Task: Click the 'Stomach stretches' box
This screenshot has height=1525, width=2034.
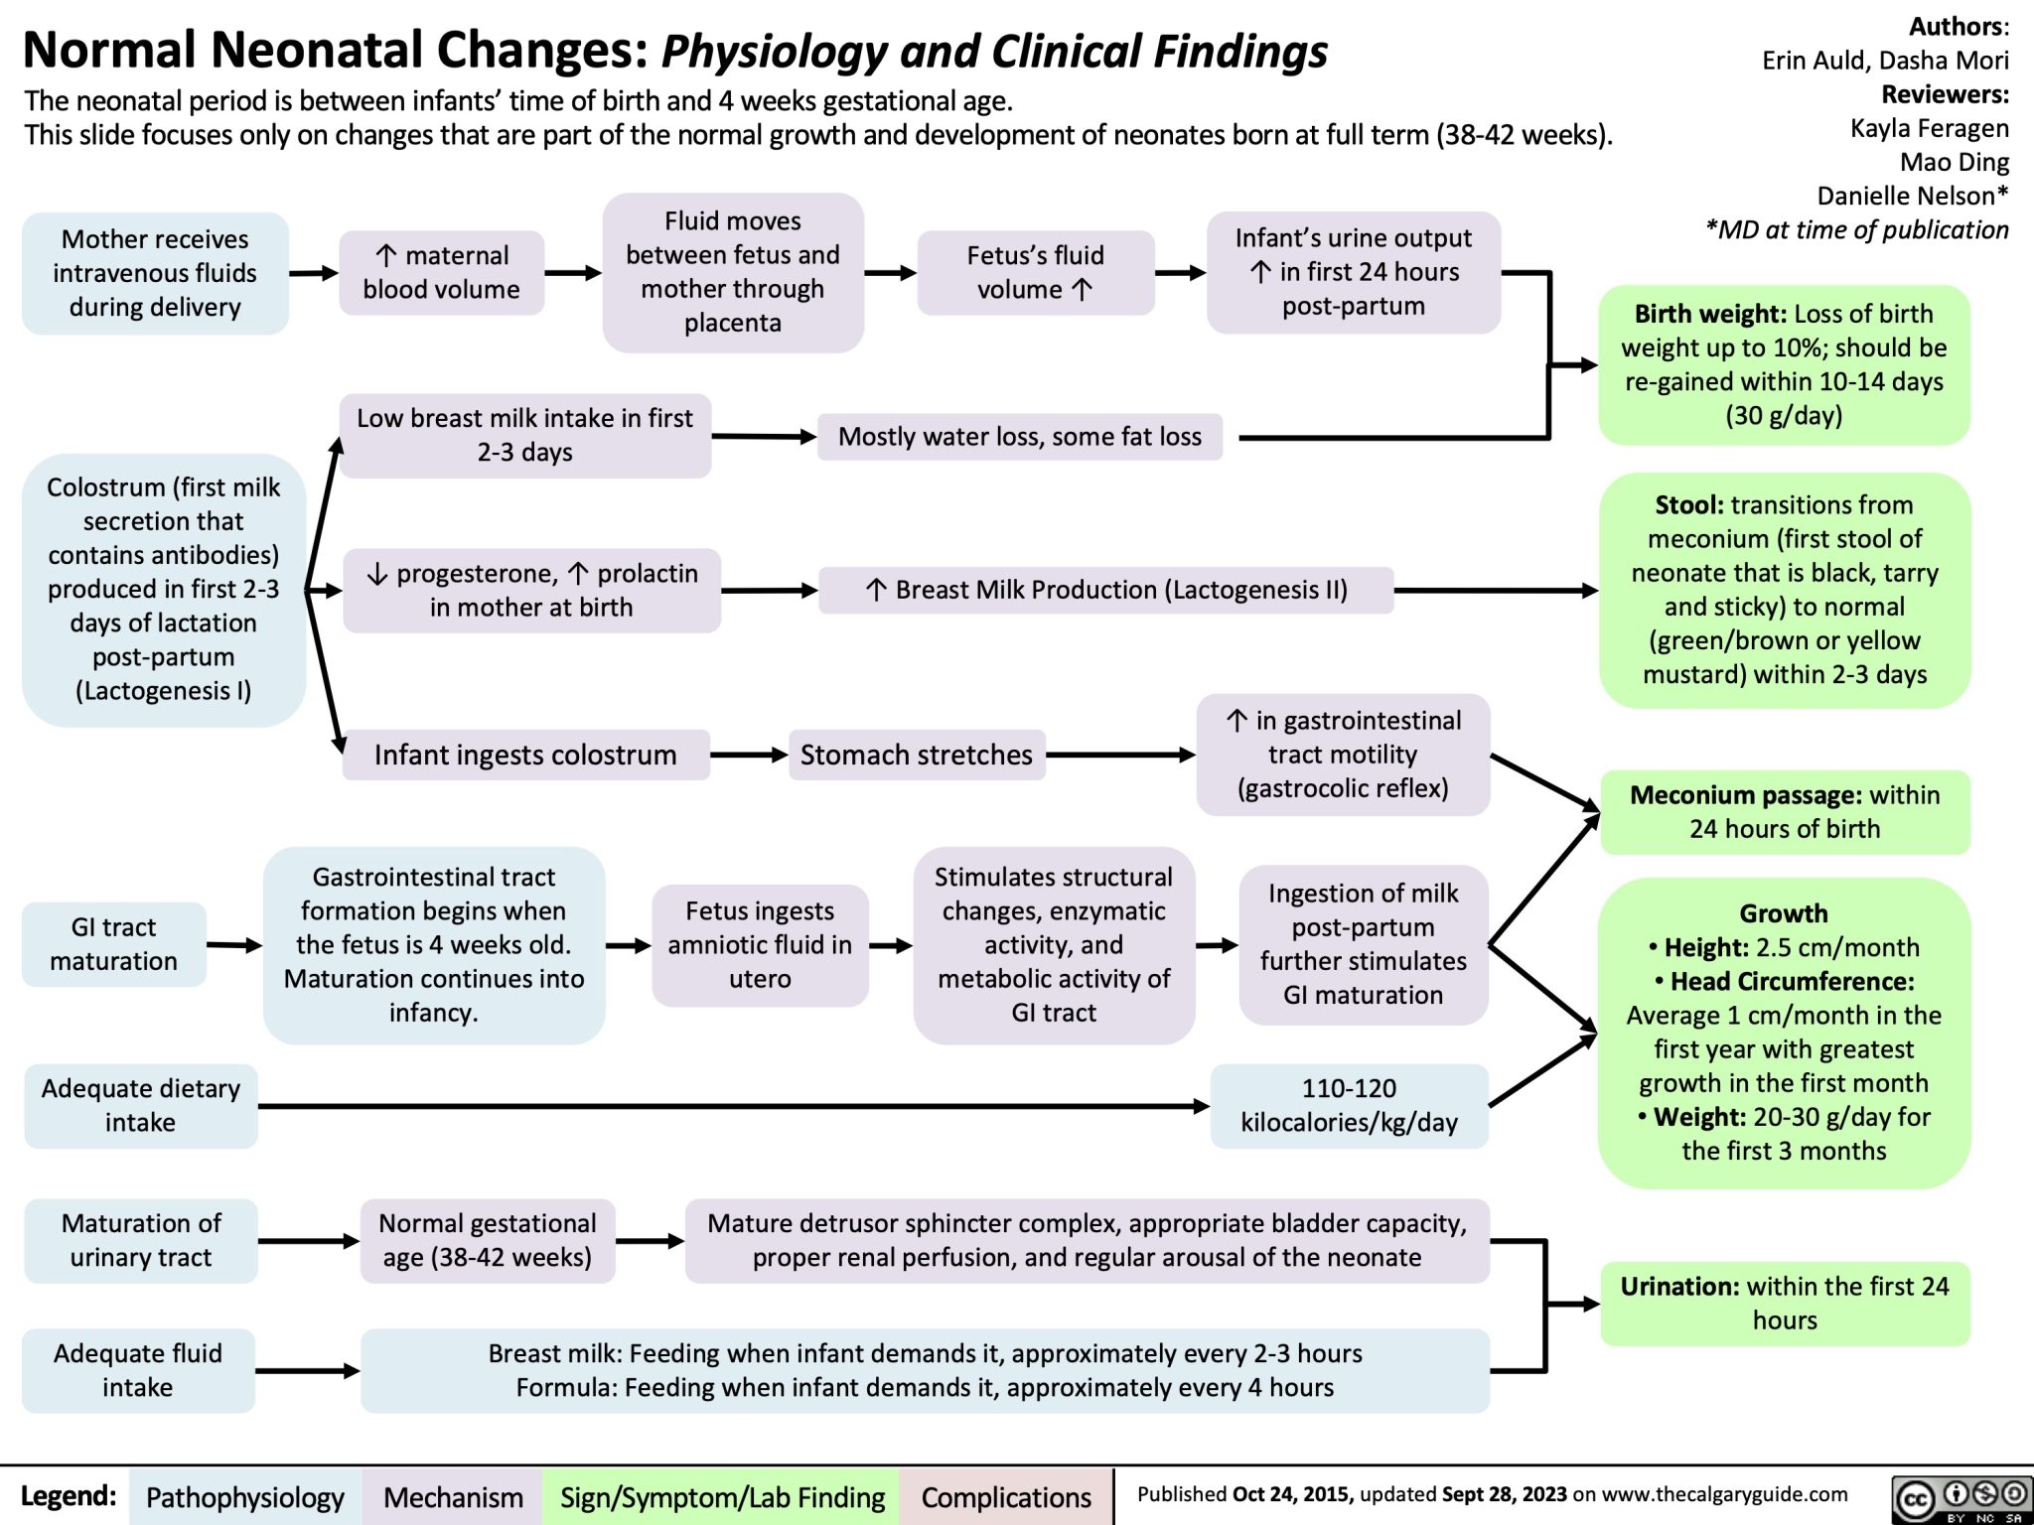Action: [x=916, y=755]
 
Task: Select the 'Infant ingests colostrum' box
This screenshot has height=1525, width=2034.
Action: [x=525, y=755]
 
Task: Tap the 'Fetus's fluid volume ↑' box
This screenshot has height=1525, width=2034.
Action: [x=1035, y=272]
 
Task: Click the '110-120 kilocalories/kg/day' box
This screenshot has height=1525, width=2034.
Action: [x=1349, y=1105]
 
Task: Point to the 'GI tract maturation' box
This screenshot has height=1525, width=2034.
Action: [x=114, y=943]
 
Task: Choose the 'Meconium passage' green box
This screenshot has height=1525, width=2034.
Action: [x=1784, y=811]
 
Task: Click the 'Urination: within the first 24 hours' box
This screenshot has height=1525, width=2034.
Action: [x=1784, y=1303]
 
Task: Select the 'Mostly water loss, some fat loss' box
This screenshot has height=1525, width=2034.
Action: [x=1019, y=437]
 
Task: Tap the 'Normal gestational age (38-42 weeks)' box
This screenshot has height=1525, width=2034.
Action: [x=488, y=1240]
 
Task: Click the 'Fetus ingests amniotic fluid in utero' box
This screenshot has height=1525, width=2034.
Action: [x=760, y=944]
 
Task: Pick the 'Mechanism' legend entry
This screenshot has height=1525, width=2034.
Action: [x=453, y=1497]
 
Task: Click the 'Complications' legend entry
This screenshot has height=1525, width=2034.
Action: [x=1006, y=1497]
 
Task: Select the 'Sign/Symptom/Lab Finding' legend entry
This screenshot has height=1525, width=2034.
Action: [x=722, y=1497]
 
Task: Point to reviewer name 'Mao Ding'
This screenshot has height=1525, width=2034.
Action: [x=1954, y=162]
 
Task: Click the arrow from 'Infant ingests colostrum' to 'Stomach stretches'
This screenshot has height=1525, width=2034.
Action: [x=749, y=756]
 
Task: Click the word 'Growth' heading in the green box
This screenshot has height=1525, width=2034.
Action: [x=1783, y=913]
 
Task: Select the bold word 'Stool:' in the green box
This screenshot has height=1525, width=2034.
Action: [x=1688, y=505]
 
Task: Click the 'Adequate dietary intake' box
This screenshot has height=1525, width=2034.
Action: [x=140, y=1105]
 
